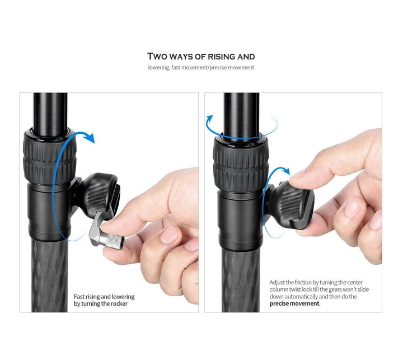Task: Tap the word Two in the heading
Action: point(157,57)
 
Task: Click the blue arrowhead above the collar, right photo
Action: point(209,120)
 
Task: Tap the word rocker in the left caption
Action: point(119,304)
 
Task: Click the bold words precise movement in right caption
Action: point(294,303)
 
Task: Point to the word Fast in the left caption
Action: point(79,297)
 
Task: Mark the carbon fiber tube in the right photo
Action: point(241,280)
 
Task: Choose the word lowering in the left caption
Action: point(123,297)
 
